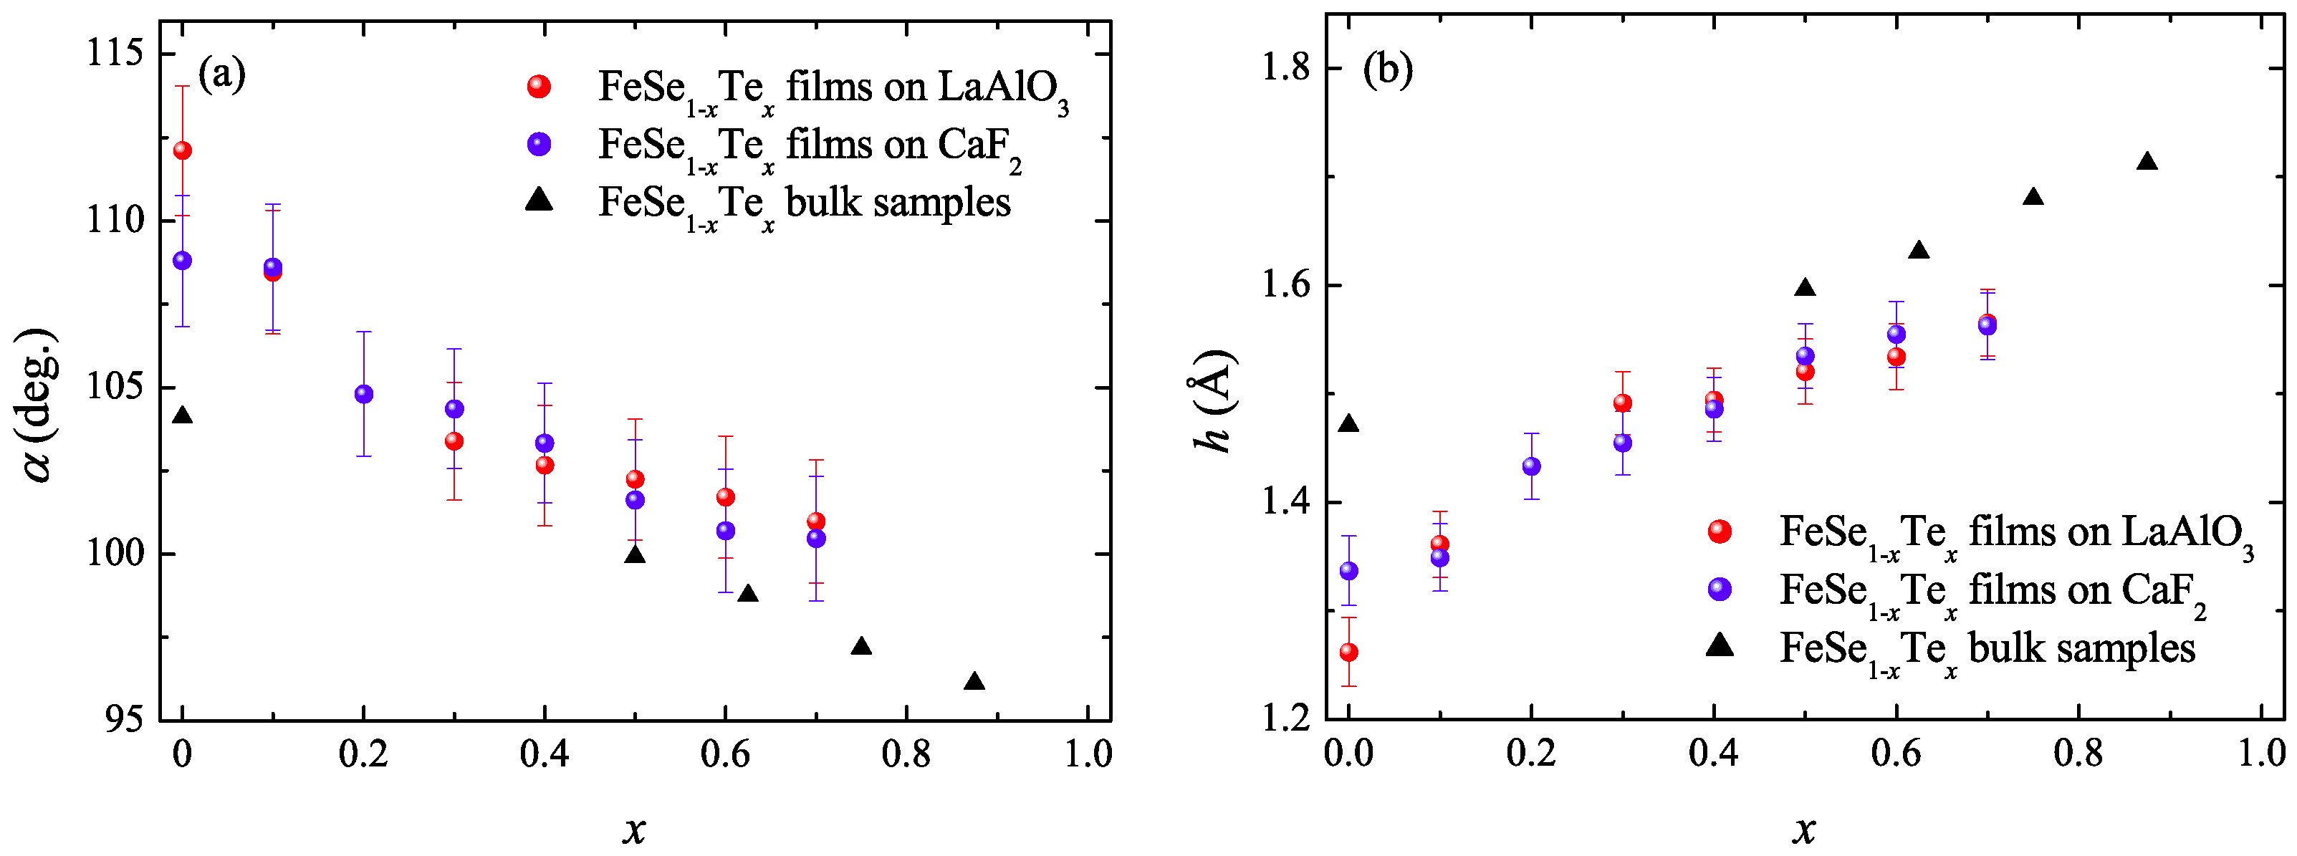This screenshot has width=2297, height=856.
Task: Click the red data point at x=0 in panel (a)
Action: click(182, 150)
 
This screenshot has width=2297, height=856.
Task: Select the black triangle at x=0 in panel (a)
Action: click(182, 416)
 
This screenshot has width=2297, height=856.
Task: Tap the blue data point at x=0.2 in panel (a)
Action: click(364, 394)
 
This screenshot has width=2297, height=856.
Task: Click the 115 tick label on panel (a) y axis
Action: click(114, 54)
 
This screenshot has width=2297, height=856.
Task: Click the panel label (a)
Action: click(221, 73)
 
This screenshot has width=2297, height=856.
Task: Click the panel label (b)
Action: click(1388, 69)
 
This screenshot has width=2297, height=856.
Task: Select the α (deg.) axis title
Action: click(39, 404)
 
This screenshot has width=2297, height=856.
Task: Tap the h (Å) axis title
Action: click(1214, 401)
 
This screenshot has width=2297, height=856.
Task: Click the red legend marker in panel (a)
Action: click(539, 87)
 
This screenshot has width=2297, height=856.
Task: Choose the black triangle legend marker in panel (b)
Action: click(1720, 645)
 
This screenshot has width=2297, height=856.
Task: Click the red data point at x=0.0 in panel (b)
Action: click(1349, 653)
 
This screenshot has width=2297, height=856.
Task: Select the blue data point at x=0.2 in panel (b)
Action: click(1531, 466)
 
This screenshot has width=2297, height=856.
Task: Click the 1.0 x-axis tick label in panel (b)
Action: click(2261, 754)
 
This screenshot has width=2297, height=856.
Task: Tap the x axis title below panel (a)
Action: click(634, 830)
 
